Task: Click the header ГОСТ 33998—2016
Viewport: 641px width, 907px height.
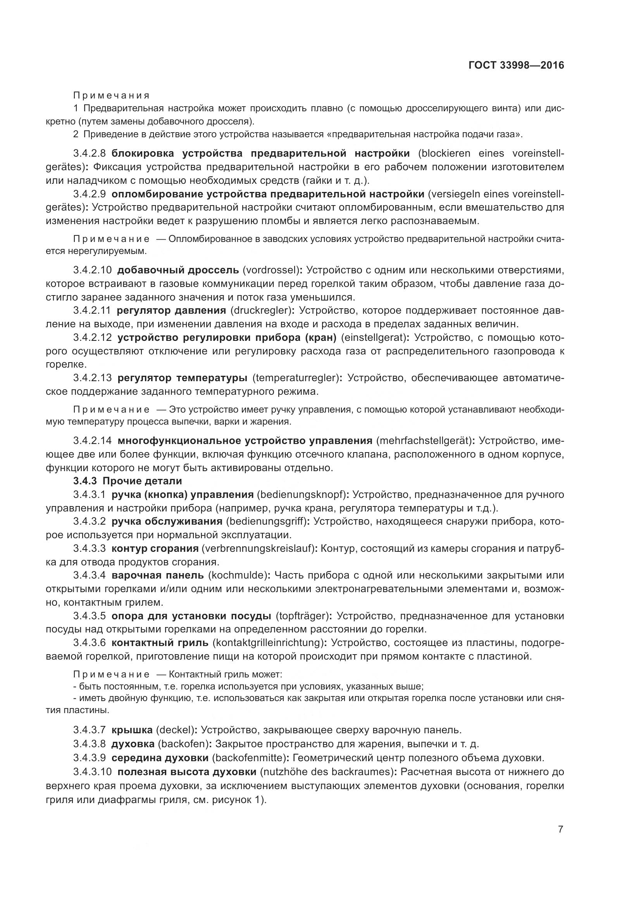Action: coord(516,66)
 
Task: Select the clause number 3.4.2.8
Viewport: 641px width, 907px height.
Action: coord(89,154)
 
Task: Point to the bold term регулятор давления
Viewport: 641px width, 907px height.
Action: coord(171,311)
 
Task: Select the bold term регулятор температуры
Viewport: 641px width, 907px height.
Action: coord(183,378)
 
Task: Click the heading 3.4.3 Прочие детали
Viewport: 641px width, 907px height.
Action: coord(128,481)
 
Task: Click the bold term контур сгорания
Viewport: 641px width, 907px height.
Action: coord(155,548)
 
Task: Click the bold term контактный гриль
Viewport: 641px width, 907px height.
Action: coord(160,643)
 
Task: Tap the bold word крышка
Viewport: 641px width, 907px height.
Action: coord(132,730)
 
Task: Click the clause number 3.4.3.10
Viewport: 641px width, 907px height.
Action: coord(92,771)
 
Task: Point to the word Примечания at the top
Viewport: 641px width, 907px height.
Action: coord(112,96)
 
